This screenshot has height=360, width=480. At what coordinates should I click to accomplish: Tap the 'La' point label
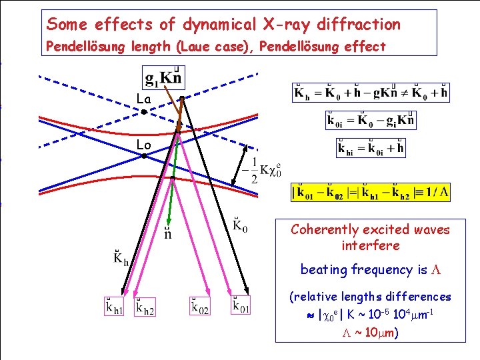[144, 99]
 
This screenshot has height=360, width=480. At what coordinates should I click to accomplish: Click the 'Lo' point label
[144, 145]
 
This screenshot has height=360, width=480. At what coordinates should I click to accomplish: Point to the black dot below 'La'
[144, 112]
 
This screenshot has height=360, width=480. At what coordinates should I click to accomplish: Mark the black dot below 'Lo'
[144, 156]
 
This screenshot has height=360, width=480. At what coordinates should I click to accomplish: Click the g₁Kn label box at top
[163, 75]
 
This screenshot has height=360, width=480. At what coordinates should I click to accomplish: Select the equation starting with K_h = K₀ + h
[371, 93]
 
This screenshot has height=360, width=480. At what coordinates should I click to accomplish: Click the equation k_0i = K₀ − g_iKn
[371, 120]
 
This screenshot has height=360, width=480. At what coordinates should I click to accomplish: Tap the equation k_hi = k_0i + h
[371, 147]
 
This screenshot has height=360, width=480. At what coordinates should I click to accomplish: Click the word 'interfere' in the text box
[370, 245]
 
